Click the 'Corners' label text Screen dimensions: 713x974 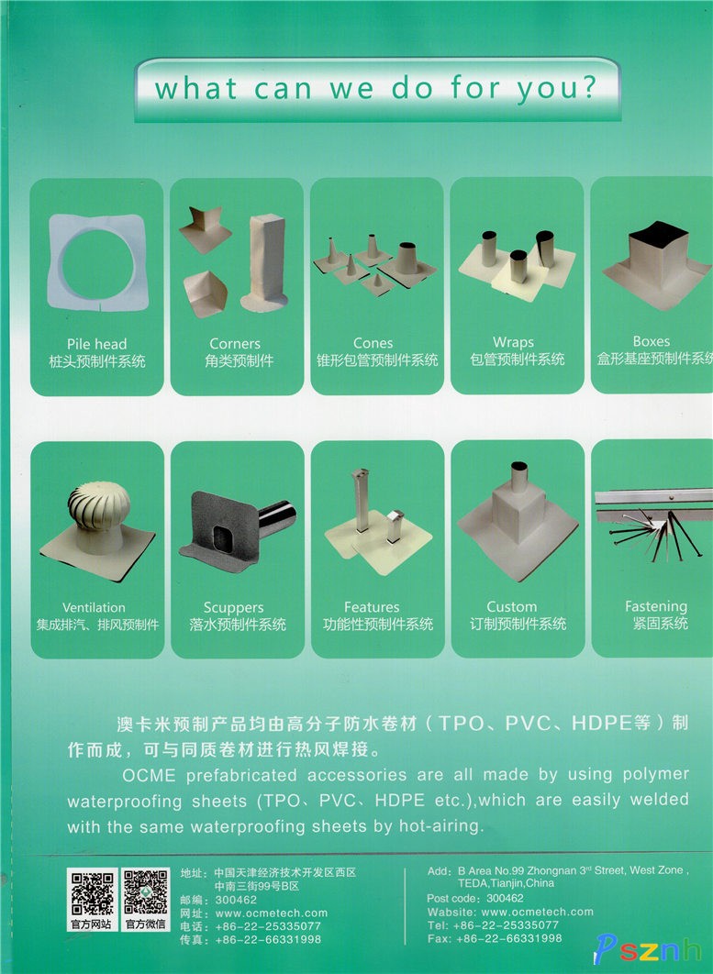[x=235, y=344]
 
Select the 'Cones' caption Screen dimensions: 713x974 [x=373, y=343]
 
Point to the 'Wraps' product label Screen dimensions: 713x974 [x=514, y=342]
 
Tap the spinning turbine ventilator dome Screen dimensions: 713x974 [x=99, y=505]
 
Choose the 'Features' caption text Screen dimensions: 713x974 [x=372, y=607]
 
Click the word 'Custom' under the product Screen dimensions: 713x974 [x=512, y=606]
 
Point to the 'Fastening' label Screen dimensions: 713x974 [x=656, y=606]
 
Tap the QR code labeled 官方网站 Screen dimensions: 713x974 [x=92, y=893]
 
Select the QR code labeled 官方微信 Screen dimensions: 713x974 [x=146, y=892]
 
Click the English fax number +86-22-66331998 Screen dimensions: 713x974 [x=509, y=938]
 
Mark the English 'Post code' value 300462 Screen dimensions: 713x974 [x=505, y=898]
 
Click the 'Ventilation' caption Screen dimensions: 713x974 [x=94, y=607]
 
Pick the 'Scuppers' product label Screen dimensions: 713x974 [x=233, y=607]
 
